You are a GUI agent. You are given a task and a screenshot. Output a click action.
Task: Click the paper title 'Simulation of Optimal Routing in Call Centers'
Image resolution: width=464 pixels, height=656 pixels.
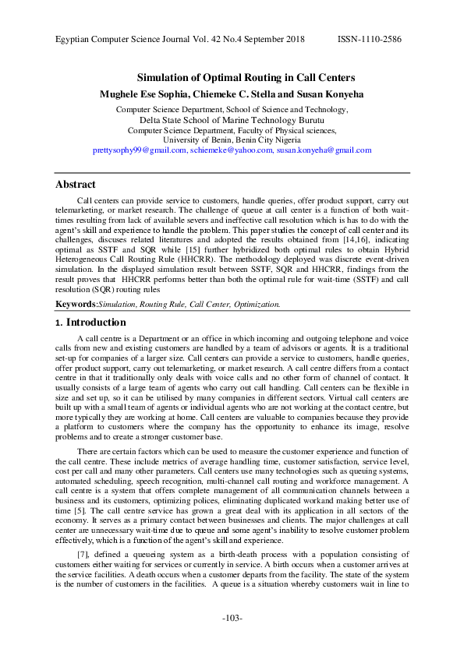tap(246, 78)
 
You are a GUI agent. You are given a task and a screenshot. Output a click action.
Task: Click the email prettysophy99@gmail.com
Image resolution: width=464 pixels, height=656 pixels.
tap(140, 150)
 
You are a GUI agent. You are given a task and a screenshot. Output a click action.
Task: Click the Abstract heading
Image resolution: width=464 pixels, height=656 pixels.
tap(76, 185)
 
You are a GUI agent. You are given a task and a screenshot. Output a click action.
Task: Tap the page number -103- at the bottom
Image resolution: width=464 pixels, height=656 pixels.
tap(232, 619)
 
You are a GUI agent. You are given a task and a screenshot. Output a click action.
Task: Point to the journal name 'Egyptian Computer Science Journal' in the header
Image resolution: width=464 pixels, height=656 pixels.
tap(119, 38)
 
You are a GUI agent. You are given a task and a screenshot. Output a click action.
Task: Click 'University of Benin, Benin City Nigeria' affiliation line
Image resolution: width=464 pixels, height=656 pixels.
tap(232, 139)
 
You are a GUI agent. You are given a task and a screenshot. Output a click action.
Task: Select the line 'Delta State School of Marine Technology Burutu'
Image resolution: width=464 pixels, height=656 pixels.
tap(232, 120)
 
